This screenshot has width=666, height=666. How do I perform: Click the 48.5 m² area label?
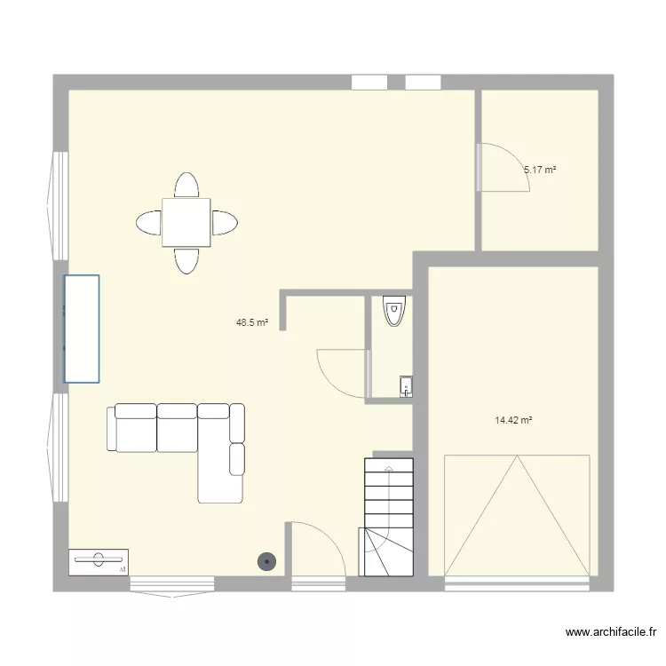(252, 323)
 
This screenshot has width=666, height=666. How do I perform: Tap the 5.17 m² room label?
(540, 169)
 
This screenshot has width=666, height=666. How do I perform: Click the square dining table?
(186, 222)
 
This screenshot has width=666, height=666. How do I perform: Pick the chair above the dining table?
(186, 185)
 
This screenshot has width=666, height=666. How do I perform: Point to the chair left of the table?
(148, 222)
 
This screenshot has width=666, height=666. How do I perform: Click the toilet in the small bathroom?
(392, 311)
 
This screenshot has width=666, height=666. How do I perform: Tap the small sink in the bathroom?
(405, 385)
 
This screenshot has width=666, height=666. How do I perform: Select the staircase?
(387, 515)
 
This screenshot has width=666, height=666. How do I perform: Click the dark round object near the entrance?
(266, 560)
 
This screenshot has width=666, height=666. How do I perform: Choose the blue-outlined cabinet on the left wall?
(81, 329)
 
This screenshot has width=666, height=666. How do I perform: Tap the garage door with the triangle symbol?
(516, 515)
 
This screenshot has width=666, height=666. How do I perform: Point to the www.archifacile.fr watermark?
(610, 633)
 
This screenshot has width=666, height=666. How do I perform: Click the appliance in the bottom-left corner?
(98, 561)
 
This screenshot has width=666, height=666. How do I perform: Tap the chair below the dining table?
(186, 260)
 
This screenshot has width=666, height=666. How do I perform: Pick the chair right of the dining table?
(225, 222)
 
